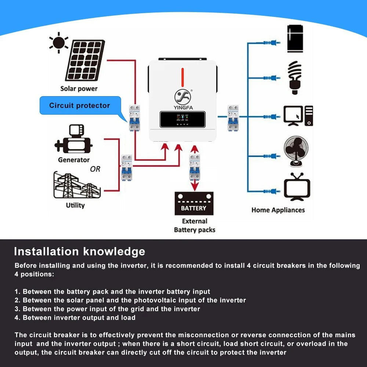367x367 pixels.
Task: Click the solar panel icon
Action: click(x=85, y=60)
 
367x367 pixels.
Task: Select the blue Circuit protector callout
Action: click(x=80, y=106)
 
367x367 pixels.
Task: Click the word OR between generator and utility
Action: click(x=95, y=169)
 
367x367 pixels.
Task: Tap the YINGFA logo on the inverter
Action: click(x=182, y=97)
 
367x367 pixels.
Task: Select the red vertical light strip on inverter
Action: click(x=182, y=77)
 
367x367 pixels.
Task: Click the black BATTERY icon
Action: click(x=194, y=204)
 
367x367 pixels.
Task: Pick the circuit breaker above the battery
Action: click(x=195, y=167)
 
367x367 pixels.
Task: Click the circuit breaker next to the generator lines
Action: click(x=127, y=167)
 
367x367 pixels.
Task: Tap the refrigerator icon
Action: click(x=295, y=39)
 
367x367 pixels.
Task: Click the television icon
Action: click(x=297, y=187)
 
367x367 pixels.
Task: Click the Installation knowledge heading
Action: click(x=79, y=251)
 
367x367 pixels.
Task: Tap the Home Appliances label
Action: click(x=278, y=210)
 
